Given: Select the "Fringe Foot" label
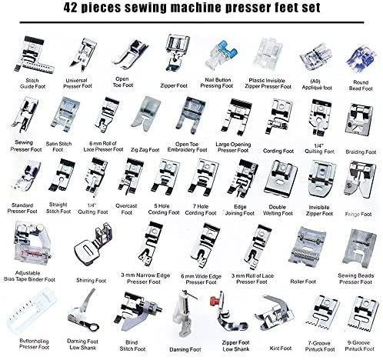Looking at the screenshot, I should click(x=358, y=208).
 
